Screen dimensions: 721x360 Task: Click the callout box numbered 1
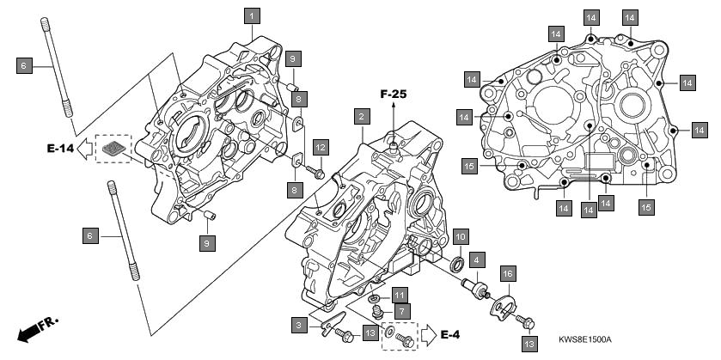252,16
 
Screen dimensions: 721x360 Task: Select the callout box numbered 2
362,116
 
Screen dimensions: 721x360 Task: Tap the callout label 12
321,148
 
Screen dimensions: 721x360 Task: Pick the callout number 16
508,273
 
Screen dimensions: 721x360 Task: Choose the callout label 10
461,237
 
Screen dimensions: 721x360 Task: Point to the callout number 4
477,259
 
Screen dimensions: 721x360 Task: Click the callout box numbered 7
402,311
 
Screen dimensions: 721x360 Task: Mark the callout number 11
400,294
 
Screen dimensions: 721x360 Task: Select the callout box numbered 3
299,326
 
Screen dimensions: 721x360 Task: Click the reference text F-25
394,95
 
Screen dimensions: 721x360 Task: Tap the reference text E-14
60,148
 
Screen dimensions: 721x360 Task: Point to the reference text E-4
450,334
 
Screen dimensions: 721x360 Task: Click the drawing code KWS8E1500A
585,339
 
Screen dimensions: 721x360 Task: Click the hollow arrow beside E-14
84,149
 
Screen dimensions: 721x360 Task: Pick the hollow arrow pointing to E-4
429,335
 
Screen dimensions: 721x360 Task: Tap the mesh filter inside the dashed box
113,148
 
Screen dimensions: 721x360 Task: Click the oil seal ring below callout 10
457,265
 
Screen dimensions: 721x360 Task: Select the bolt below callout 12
315,173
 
